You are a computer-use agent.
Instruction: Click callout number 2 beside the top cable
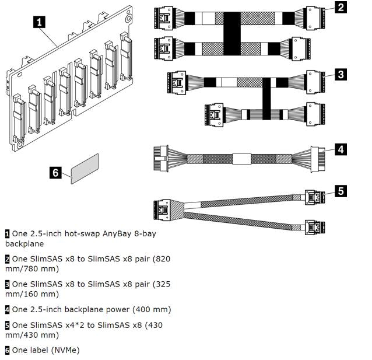coord(340,8)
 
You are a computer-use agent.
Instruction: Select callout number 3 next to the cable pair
coord(340,74)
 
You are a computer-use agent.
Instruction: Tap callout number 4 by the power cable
coord(340,149)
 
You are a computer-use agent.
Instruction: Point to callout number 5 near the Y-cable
coord(340,191)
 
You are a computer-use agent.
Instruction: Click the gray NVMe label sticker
coord(85,169)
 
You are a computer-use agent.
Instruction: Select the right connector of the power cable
coord(318,158)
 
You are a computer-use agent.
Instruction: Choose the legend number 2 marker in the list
coord(8,258)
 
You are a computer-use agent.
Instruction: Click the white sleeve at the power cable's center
coord(241,158)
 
